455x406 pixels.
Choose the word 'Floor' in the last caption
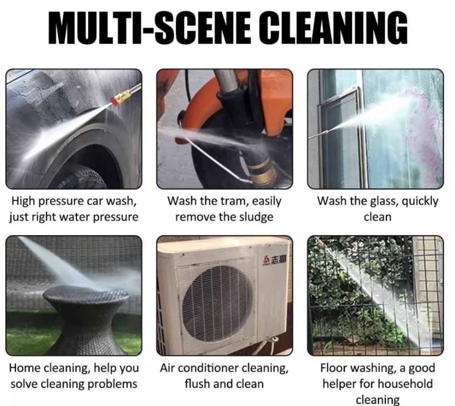pos(334,368)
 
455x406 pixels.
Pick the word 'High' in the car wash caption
pos(24,201)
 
